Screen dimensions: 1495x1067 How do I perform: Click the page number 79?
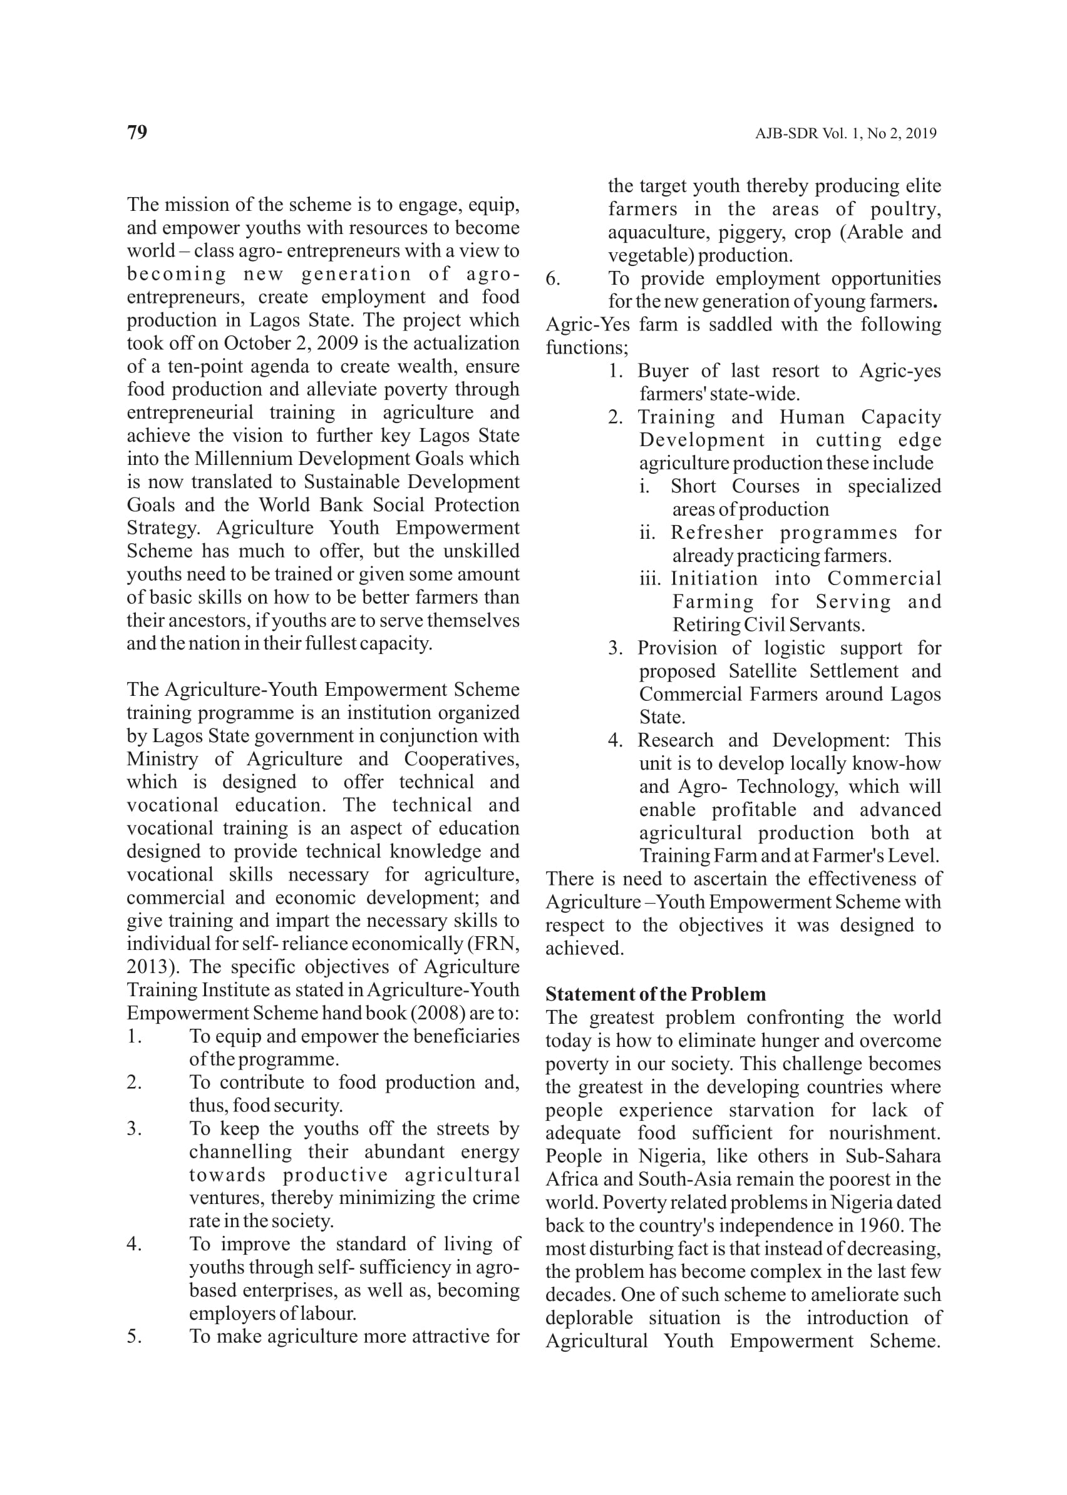click(137, 133)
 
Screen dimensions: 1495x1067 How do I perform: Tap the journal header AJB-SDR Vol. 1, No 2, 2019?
click(845, 134)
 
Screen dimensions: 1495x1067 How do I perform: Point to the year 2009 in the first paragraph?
click(339, 344)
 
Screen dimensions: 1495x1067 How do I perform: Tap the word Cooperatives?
click(461, 759)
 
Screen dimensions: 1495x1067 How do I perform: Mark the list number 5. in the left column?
click(134, 1337)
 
